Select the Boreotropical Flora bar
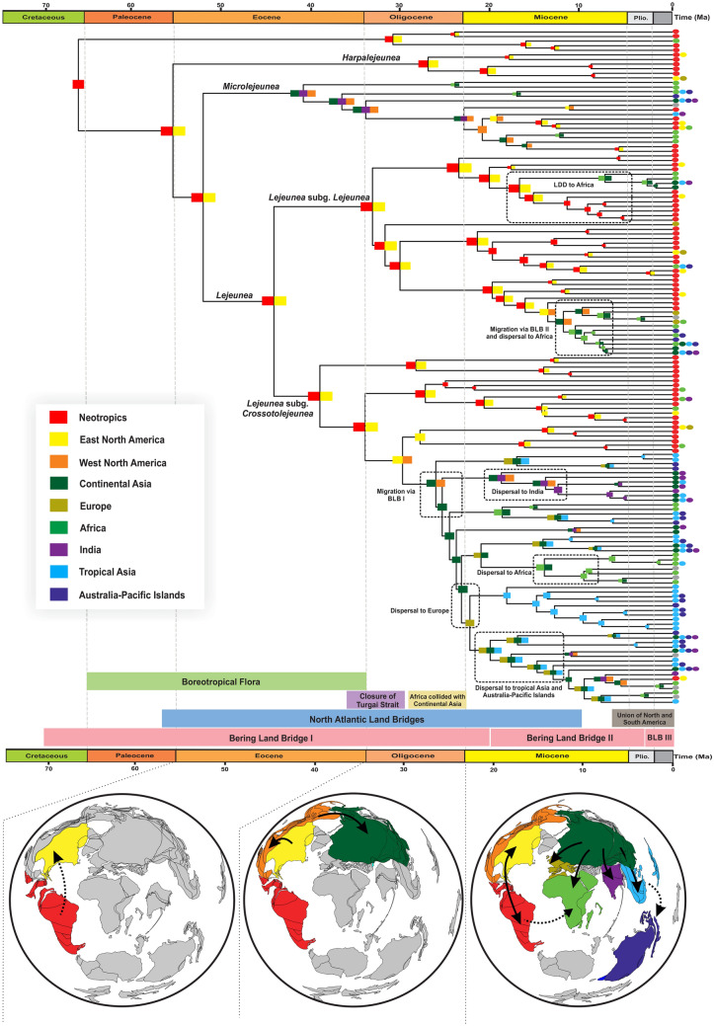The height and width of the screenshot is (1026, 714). [226, 681]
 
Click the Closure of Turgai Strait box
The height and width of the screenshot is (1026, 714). [374, 700]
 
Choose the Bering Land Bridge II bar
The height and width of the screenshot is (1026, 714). [565, 738]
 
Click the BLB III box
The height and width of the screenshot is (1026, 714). [658, 738]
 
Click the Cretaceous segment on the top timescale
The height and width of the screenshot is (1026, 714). [42, 18]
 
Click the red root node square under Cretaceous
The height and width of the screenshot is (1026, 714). [78, 84]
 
